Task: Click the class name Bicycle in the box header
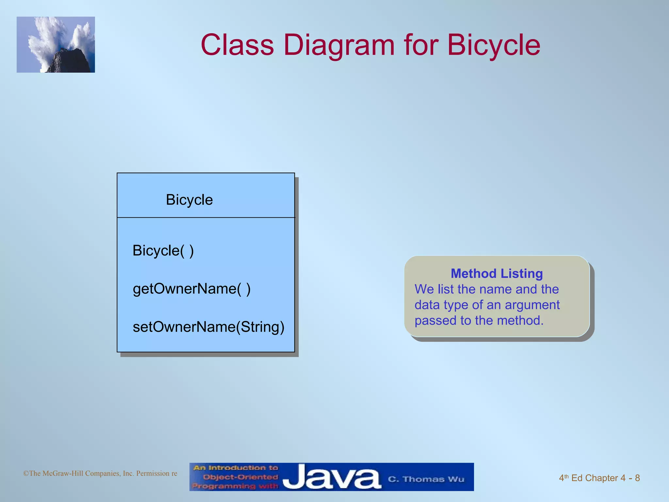(x=189, y=200)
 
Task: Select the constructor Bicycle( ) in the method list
(x=163, y=251)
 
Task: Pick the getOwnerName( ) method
(x=191, y=289)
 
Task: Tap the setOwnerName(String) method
(x=208, y=327)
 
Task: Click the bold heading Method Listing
(x=497, y=274)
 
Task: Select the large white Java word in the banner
(x=332, y=477)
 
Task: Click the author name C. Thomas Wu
(x=426, y=479)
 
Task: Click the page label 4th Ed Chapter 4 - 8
(x=599, y=478)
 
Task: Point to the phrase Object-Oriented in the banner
(x=240, y=477)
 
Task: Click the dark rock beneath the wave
(x=70, y=62)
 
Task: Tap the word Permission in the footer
(x=153, y=473)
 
